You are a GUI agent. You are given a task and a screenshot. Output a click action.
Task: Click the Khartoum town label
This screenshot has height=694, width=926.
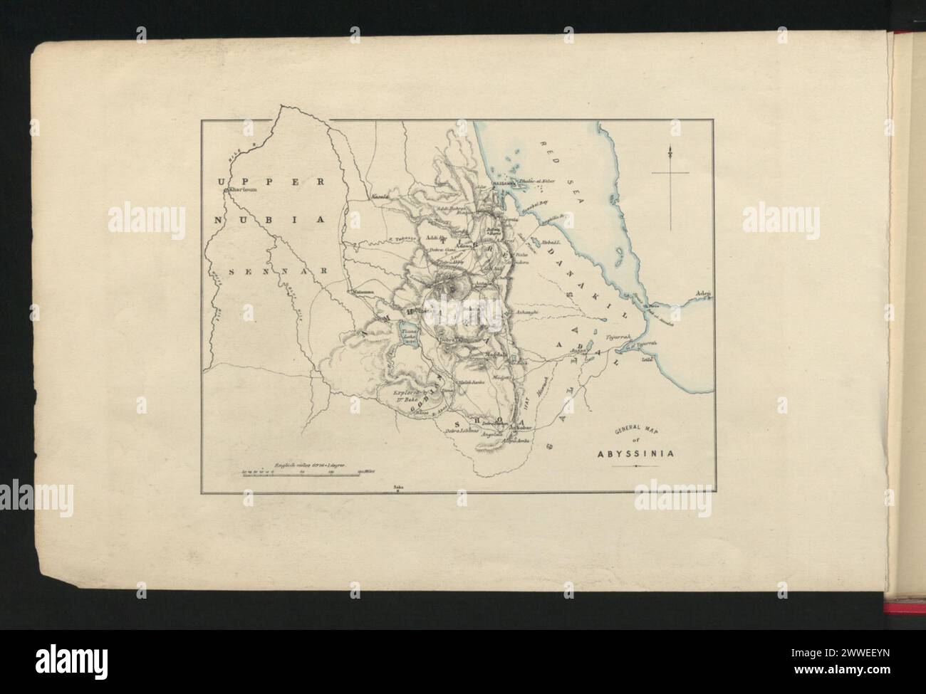point(242,191)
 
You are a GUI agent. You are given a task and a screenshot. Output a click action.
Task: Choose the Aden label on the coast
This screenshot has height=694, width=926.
point(704,294)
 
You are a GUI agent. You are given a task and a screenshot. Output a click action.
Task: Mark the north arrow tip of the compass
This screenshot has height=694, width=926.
point(670,147)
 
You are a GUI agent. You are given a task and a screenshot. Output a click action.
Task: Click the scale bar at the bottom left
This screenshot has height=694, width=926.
point(300,473)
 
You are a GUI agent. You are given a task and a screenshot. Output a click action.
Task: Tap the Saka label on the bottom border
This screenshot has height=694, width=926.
point(397,487)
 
